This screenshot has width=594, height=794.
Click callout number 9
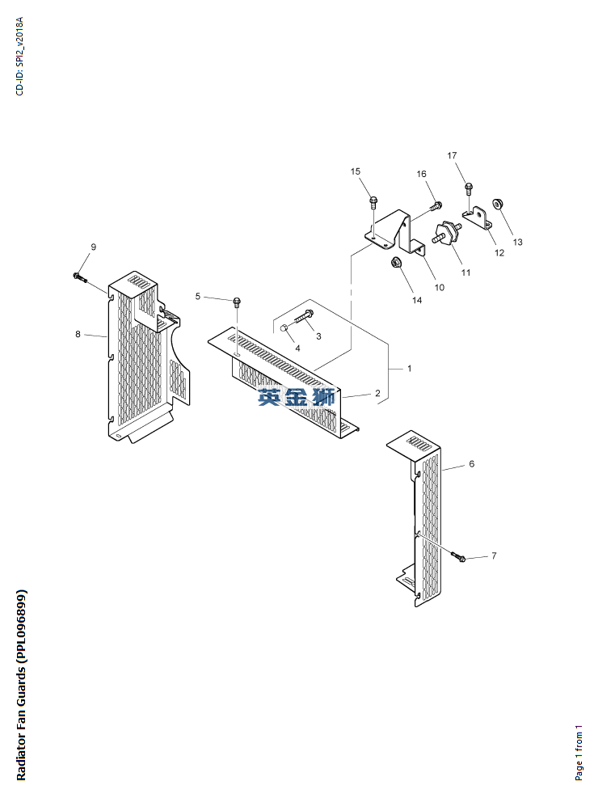93,247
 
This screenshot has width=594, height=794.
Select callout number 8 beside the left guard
78,334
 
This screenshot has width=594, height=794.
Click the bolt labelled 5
236,302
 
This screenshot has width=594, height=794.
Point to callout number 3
318,336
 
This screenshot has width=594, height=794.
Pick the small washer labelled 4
285,327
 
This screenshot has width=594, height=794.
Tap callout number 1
410,369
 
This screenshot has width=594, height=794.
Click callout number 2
377,394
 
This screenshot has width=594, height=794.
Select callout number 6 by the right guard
471,464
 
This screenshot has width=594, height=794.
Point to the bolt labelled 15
373,201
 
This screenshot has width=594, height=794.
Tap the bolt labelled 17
468,189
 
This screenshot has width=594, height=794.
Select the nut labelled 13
499,205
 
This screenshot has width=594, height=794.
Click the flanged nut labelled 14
397,262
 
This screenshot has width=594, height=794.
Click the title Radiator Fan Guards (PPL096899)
22,684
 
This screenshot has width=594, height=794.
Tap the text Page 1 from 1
579,753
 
